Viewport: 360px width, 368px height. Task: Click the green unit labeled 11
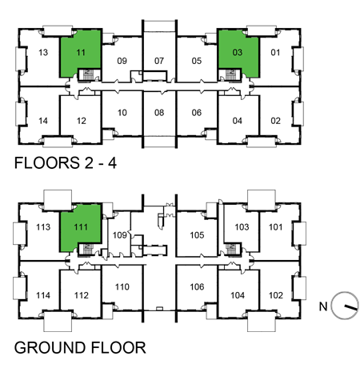81,53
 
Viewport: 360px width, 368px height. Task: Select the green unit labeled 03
238,53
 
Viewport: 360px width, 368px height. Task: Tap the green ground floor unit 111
81,227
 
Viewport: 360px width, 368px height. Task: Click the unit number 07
159,61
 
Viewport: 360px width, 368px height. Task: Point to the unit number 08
159,113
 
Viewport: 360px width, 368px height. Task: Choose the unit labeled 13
44,53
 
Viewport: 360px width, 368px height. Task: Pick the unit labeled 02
276,121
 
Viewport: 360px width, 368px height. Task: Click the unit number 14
44,121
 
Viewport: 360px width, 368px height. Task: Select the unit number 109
120,235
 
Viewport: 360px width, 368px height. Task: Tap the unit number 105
198,235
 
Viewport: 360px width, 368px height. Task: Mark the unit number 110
122,286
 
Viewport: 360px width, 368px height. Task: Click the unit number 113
43,227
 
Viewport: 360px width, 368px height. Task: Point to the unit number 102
276,295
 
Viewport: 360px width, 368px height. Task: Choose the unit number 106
198,286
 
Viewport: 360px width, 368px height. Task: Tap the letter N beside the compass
325,306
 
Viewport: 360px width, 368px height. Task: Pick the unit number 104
238,295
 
